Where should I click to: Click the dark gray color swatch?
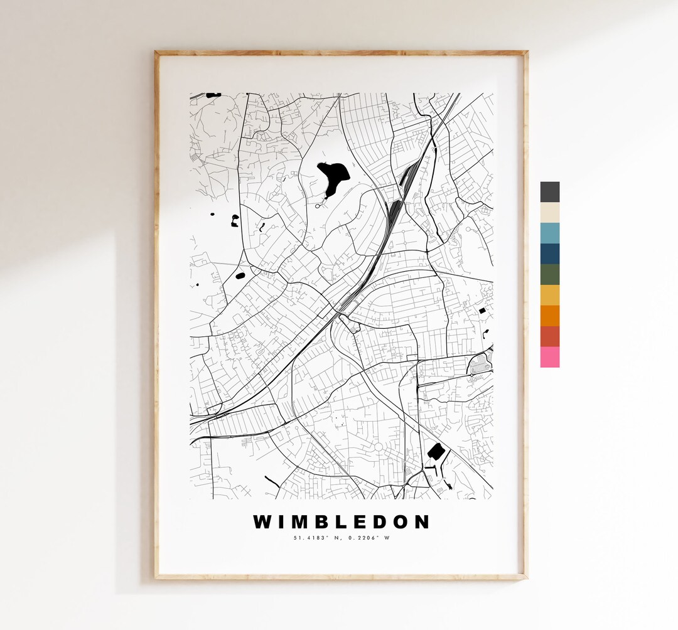pos(549,192)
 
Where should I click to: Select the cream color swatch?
pos(549,213)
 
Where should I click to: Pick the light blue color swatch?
pos(549,233)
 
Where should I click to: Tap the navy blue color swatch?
pos(549,254)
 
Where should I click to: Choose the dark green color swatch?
pos(549,274)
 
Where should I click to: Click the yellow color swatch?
pos(549,295)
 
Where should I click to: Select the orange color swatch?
pos(549,316)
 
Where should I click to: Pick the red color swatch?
pos(549,336)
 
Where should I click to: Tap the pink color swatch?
pos(549,357)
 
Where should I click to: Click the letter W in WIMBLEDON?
pos(262,522)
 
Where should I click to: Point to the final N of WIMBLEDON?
pos(424,522)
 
